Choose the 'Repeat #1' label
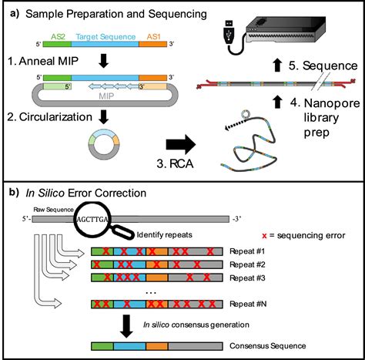[248, 251]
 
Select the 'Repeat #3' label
[248, 278]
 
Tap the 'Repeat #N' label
[248, 304]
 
